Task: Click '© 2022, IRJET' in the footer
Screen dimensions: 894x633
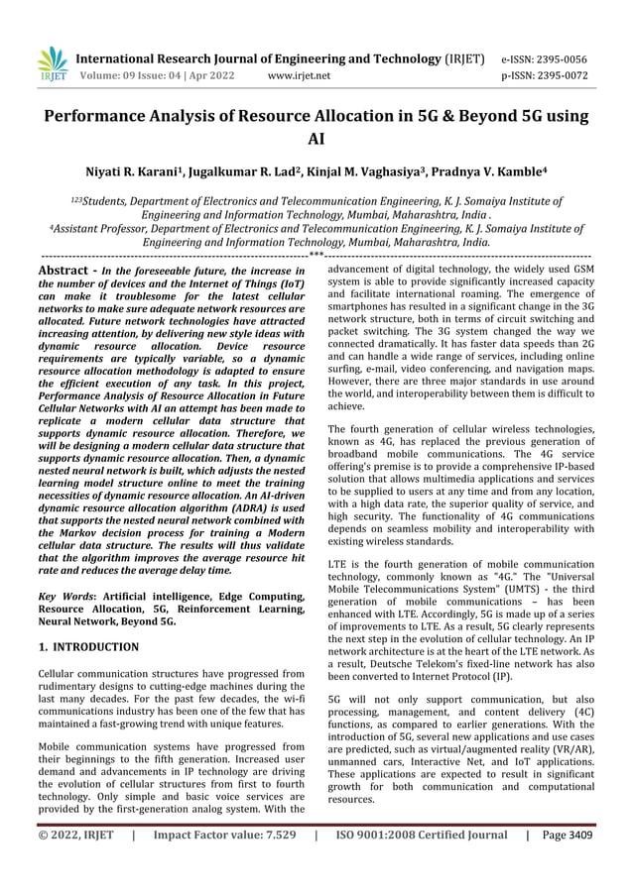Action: pos(74,863)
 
